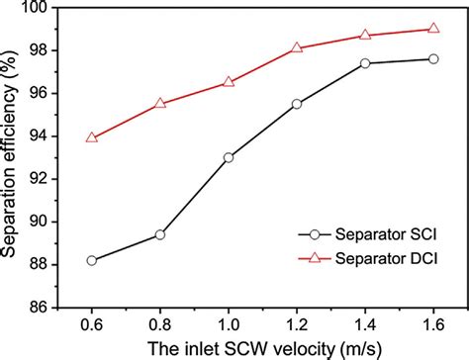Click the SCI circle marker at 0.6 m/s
(92, 260)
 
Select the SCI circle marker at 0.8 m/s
(160, 234)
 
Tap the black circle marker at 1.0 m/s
(229, 157)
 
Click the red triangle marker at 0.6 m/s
(92, 137)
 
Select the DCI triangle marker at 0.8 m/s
(160, 103)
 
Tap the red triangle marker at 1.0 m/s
(229, 82)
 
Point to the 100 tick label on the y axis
(42, 8)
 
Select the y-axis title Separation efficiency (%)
(12, 158)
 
